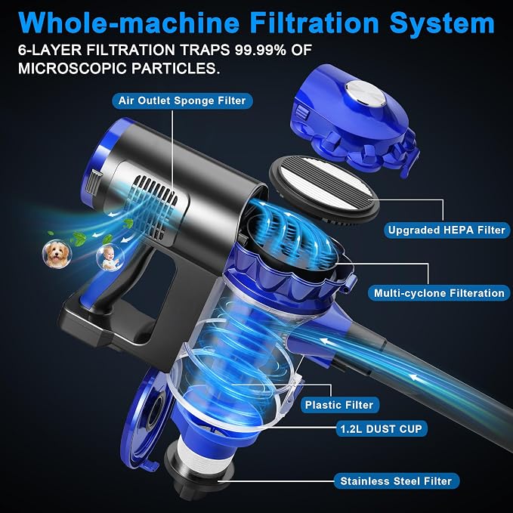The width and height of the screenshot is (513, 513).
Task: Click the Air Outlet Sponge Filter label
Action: [182, 100]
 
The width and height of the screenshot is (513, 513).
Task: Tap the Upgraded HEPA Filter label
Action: [447, 230]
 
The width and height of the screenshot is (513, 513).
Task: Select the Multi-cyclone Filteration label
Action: [439, 293]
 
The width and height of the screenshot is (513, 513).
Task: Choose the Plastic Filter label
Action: [339, 405]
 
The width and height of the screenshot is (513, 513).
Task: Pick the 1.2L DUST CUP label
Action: [381, 428]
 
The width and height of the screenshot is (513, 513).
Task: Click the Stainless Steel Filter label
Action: [396, 481]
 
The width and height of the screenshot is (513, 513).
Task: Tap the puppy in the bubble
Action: [57, 254]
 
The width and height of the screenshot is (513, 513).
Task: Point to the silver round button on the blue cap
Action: [366, 94]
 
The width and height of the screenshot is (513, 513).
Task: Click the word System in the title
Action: [442, 23]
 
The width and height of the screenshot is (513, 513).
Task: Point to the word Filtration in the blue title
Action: [314, 23]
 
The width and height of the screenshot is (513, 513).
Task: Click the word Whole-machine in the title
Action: [129, 23]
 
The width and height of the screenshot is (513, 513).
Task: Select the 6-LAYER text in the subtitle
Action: [50, 50]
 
